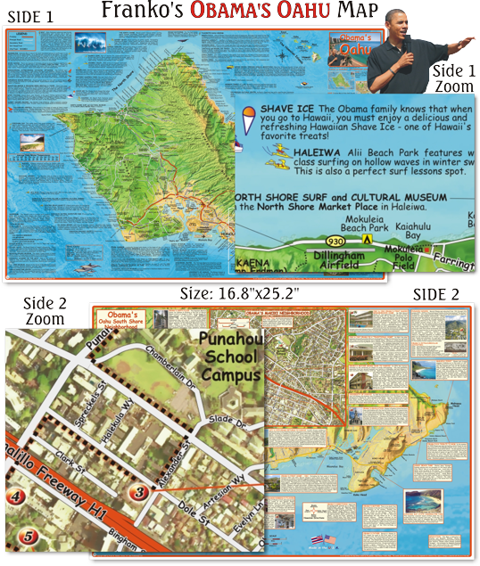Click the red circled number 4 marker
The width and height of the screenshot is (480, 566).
click(x=13, y=496)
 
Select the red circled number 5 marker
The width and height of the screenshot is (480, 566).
click(x=29, y=537)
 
